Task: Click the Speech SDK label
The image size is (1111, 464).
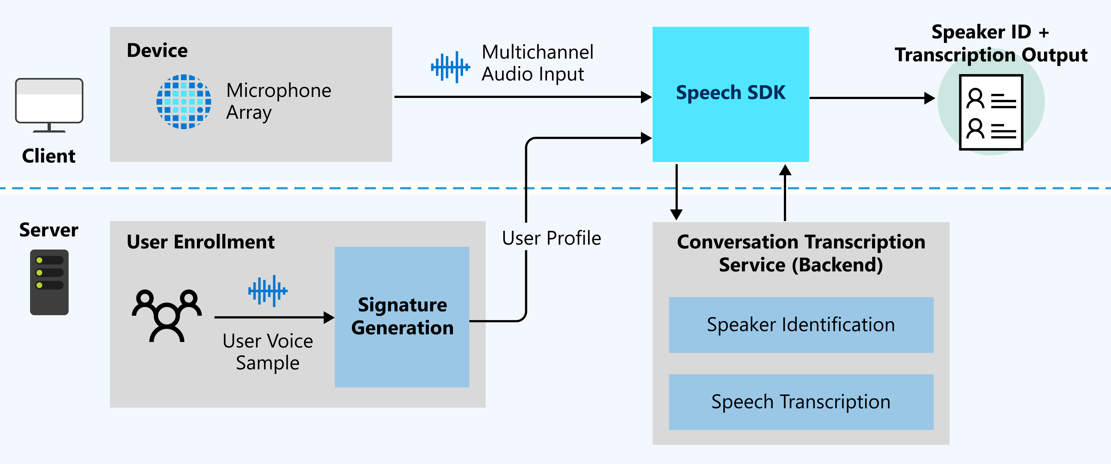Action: click(730, 93)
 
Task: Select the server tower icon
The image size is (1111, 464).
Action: click(49, 282)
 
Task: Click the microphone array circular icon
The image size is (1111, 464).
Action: click(184, 102)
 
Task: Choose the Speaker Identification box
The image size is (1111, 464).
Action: click(801, 325)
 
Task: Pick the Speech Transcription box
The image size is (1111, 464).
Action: click(801, 402)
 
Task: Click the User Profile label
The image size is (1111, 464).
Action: click(551, 238)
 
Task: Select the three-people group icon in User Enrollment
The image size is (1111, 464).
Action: click(167, 315)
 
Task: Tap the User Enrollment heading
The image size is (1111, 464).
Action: click(200, 242)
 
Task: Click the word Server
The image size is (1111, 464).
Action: click(49, 230)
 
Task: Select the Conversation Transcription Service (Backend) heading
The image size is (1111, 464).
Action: click(801, 253)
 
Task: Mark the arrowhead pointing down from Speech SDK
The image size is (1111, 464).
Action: click(676, 214)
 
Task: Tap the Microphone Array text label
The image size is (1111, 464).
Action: click(279, 101)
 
